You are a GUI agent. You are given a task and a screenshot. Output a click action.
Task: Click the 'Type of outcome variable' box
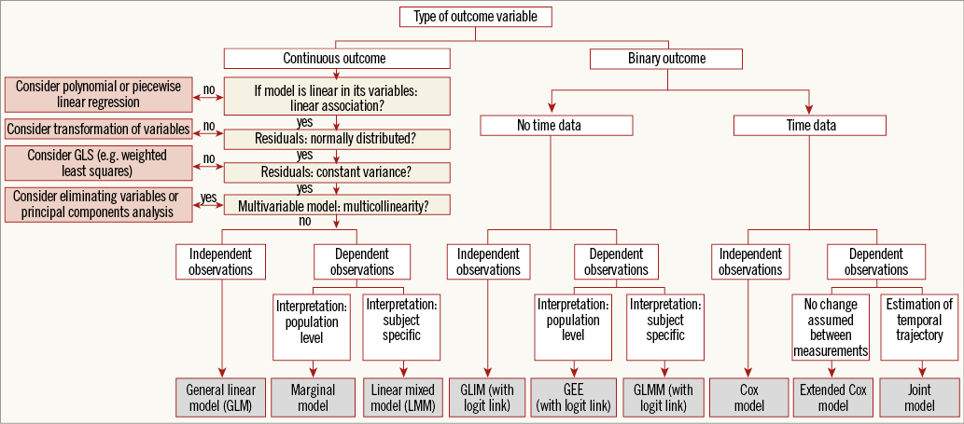coord(475,17)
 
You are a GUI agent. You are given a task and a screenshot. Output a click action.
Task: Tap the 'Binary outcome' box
coord(666,59)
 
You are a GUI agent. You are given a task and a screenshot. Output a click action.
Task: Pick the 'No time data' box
coord(556,125)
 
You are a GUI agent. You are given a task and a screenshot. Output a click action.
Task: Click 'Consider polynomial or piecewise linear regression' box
coord(97,94)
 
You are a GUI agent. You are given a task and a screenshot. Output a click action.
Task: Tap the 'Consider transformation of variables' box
coord(99,129)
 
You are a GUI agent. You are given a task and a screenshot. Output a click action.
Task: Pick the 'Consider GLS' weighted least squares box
coord(97,164)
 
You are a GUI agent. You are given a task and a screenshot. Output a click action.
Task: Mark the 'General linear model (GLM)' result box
coord(221,397)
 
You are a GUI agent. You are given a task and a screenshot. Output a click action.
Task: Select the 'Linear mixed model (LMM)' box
coord(401,397)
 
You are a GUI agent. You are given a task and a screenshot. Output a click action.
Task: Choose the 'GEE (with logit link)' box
coord(572,397)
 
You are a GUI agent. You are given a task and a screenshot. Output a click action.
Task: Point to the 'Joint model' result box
coord(919,397)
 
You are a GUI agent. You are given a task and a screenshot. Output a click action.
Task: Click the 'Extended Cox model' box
coord(831,397)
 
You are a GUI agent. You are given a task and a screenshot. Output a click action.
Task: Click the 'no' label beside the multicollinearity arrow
coord(304,222)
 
